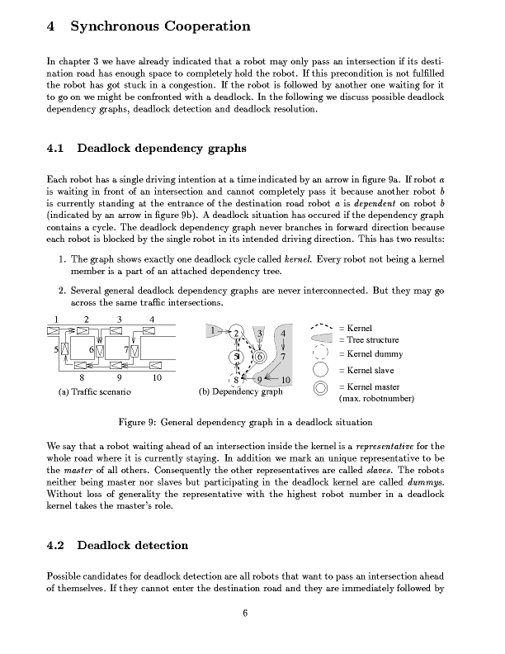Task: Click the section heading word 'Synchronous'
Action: tap(118, 27)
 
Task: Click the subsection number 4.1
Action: tap(58, 149)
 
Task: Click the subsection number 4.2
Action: tap(58, 545)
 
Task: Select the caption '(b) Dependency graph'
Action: tap(241, 392)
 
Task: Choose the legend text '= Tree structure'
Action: tap(369, 339)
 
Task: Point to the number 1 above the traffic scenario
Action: tap(56, 320)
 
